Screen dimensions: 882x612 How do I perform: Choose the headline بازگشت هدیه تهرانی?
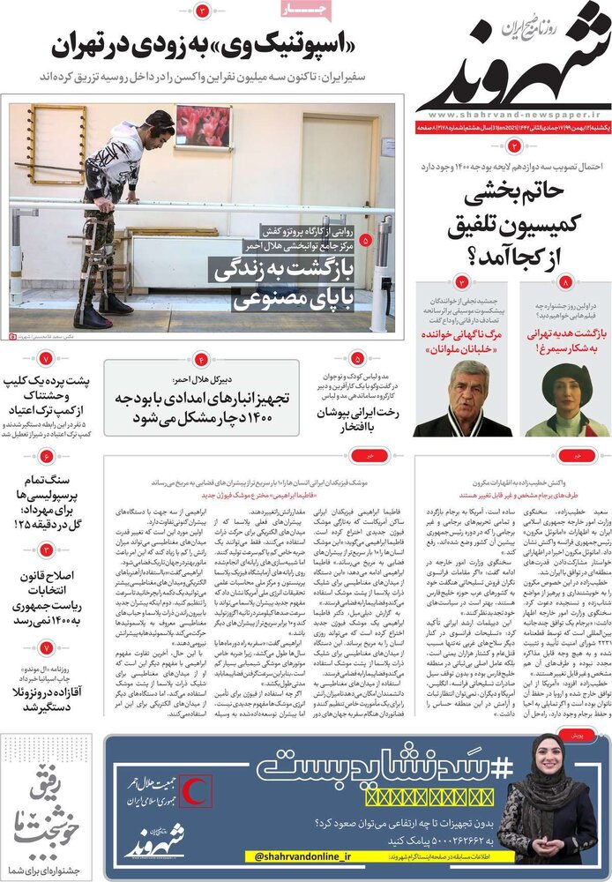tap(562, 336)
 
